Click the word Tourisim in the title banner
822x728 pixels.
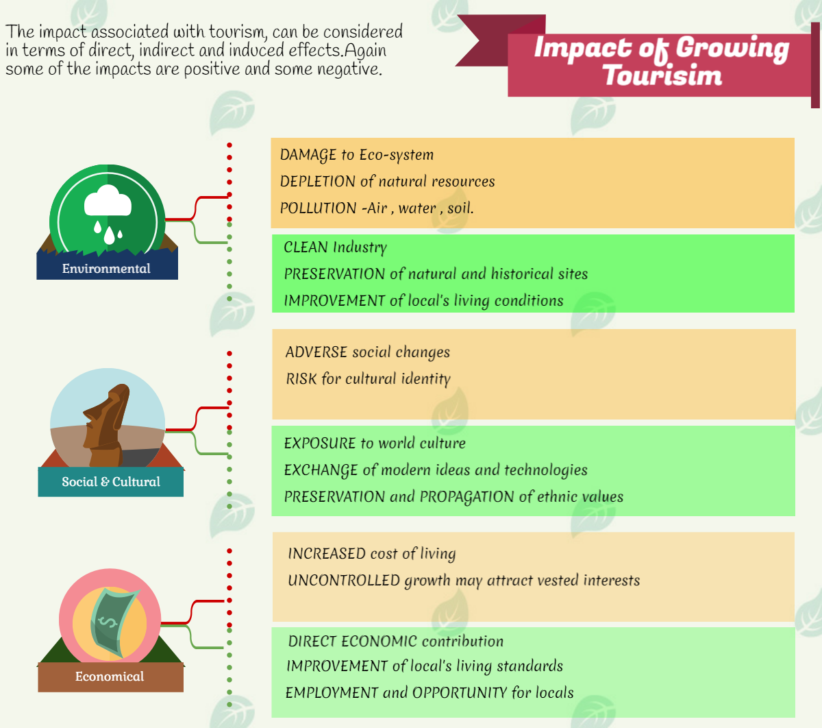pyautogui.click(x=663, y=75)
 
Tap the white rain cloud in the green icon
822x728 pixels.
pyautogui.click(x=108, y=200)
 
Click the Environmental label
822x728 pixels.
pyautogui.click(x=106, y=269)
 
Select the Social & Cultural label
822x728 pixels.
pyautogui.click(x=111, y=481)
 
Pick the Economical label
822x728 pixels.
pyautogui.click(x=110, y=677)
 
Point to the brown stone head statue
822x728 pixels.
pyautogui.click(x=106, y=425)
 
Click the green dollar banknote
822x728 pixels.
pyautogui.click(x=114, y=622)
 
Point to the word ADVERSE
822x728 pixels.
pyautogui.click(x=316, y=352)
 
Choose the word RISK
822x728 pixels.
pyautogui.click(x=301, y=379)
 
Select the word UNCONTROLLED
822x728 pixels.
pyautogui.click(x=344, y=581)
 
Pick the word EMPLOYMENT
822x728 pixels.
pyautogui.click(x=332, y=693)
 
